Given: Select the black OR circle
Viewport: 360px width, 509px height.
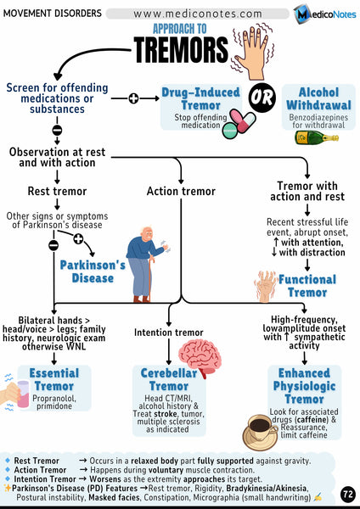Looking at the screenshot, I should pos(260,99).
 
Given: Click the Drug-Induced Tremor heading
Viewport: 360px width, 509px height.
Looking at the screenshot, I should pos(200,99).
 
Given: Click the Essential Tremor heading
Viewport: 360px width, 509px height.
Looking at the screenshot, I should pos(53,380).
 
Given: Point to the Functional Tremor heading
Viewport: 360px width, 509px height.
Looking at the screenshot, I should pos(307,287).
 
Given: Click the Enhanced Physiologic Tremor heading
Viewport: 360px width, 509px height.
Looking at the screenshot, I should pos(304,387).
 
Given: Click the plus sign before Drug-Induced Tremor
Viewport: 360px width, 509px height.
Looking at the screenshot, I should pos(132,99).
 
